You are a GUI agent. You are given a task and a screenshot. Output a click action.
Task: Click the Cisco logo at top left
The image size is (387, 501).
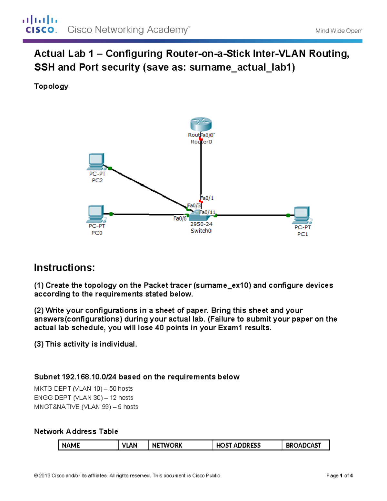(x=40, y=24)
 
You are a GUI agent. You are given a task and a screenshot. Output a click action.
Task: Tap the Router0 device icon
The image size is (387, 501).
(x=201, y=125)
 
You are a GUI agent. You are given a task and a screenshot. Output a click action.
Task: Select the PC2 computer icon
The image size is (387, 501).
(x=96, y=162)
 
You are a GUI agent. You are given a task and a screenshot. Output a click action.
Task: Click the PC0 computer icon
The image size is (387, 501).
(x=95, y=214)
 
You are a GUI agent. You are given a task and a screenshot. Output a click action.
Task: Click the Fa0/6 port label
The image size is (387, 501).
(x=180, y=219)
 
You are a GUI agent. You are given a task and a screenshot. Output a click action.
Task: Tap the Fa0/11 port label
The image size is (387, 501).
(x=207, y=212)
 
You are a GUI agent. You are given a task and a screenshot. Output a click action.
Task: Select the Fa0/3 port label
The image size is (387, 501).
(x=194, y=205)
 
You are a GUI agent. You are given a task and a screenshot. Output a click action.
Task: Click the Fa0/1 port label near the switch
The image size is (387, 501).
(x=207, y=198)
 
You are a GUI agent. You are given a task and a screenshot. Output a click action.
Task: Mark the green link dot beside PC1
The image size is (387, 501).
(x=288, y=215)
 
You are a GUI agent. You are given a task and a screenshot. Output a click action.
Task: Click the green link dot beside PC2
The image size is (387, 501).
(x=110, y=168)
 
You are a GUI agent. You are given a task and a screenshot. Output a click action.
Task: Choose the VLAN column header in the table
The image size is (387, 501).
(x=130, y=445)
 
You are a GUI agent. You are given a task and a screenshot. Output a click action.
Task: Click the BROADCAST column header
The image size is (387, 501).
(x=303, y=445)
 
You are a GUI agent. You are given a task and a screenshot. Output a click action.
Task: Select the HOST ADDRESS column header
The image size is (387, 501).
(x=238, y=445)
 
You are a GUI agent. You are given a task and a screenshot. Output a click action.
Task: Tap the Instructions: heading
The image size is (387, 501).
(x=64, y=267)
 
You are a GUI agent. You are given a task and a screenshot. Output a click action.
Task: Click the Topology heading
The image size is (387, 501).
(x=51, y=86)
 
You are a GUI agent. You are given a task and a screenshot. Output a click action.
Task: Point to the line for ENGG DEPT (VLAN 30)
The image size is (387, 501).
(x=84, y=398)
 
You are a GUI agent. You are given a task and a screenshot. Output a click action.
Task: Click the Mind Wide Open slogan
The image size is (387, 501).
(x=339, y=31)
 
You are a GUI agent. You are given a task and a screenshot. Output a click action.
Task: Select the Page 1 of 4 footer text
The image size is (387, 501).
(x=339, y=476)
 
